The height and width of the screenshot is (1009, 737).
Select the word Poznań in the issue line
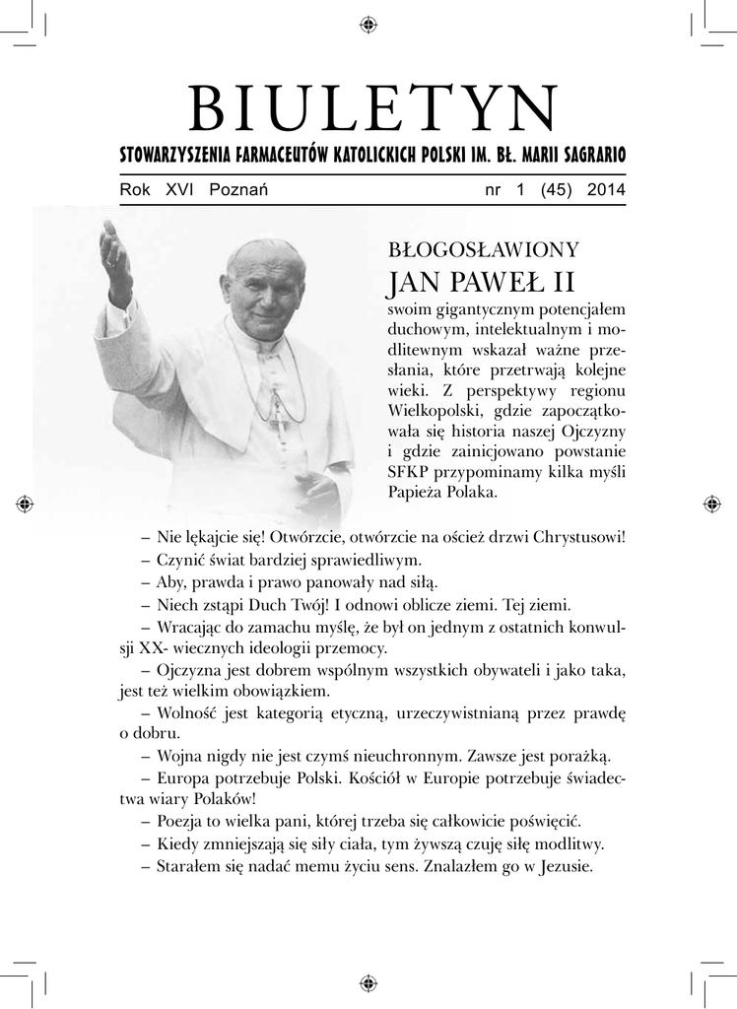click(x=239, y=190)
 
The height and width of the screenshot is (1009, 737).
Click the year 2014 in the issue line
click(x=606, y=190)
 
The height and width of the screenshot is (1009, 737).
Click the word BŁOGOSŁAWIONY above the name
click(x=483, y=249)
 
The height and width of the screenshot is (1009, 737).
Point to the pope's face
click(x=264, y=296)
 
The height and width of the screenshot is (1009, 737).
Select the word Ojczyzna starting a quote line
click(x=190, y=670)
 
